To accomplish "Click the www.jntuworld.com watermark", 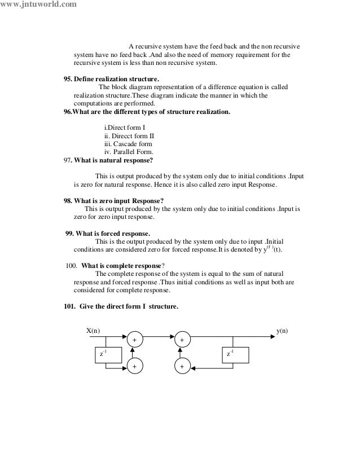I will tap(37, 6).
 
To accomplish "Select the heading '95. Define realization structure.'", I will tap(111, 80).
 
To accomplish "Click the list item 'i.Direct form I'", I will tap(125, 128).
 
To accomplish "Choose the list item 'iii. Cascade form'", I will tap(128, 144).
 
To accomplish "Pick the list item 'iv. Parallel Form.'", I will tap(129, 152).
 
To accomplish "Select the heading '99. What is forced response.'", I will tap(108, 233).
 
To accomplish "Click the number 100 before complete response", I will tap(72, 266).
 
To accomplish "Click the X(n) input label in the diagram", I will tap(93, 331).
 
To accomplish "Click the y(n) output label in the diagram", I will tap(282, 331).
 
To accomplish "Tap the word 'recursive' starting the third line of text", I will tap(87, 63).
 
